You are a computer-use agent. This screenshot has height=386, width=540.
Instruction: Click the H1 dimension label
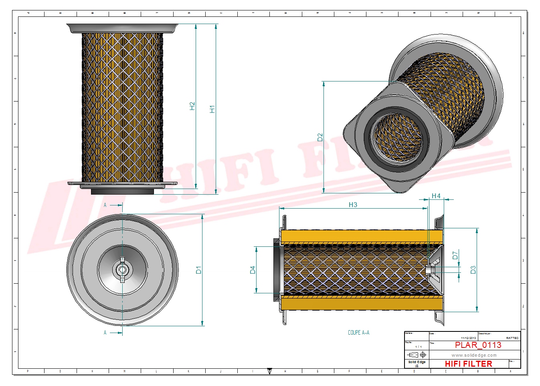point(212,109)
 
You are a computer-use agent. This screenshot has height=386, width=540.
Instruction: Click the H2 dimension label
point(192,106)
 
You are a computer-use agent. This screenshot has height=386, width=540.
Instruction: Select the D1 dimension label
point(198,270)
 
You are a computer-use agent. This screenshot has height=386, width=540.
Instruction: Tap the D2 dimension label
point(320,137)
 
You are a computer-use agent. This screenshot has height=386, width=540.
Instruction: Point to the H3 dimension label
point(353,205)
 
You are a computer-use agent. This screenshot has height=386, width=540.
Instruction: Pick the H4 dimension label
point(436,196)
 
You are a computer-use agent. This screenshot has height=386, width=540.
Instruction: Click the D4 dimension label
point(253,270)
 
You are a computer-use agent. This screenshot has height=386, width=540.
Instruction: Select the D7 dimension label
point(455,255)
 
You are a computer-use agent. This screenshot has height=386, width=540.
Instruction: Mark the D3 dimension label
point(473,270)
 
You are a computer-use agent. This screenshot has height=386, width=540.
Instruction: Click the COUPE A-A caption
point(358,333)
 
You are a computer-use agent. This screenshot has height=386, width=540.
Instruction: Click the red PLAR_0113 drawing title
point(478,345)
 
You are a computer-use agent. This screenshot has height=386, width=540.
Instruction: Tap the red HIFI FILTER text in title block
point(468,364)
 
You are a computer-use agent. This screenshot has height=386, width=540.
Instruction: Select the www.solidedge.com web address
point(474,355)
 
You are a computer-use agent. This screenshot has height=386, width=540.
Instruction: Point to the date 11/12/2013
point(468,338)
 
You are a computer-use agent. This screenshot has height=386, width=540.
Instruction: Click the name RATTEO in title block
point(512,338)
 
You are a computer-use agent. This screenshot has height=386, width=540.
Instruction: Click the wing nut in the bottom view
point(122,270)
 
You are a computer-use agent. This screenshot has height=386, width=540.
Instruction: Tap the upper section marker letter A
point(105,205)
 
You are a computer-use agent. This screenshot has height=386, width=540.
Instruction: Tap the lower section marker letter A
point(105,333)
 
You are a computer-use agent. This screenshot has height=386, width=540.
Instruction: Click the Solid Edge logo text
point(417,362)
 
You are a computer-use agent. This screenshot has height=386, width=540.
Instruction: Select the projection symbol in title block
point(417,355)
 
